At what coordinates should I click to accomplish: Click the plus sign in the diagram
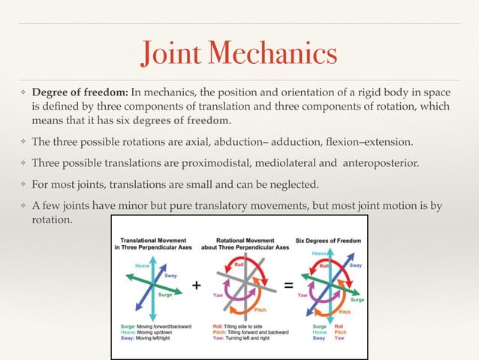tap(197, 286)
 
